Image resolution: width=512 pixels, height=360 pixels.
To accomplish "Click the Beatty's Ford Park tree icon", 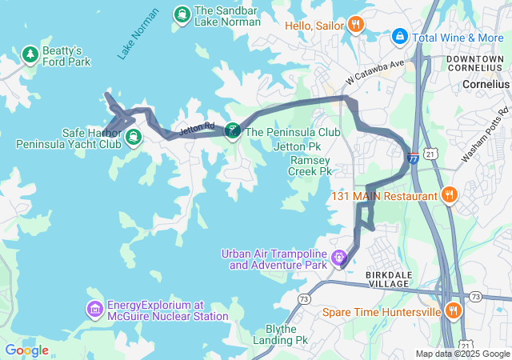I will (31, 54).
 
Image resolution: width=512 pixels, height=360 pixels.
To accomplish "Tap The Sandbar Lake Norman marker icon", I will (182, 14).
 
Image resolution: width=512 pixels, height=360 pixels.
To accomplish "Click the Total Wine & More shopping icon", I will (398, 37).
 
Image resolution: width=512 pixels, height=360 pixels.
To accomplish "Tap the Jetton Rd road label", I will (197, 127).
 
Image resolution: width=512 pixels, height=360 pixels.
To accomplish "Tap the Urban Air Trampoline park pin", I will (340, 258).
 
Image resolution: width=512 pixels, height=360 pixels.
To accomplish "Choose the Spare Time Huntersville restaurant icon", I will (454, 311).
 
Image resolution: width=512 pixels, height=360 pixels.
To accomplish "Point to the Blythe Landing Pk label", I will (286, 334).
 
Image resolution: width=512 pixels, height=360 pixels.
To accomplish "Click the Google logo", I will (26, 350).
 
